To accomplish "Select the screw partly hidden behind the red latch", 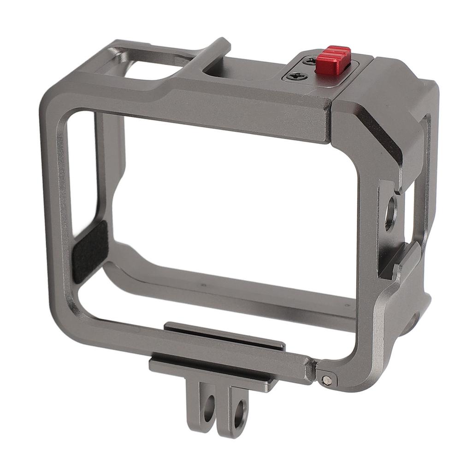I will pyautogui.click(x=311, y=60).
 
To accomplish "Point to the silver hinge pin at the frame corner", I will pyautogui.click(x=327, y=380).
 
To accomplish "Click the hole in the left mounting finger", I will pyautogui.click(x=209, y=407).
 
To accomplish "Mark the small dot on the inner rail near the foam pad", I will pyautogui.click(x=203, y=285).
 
